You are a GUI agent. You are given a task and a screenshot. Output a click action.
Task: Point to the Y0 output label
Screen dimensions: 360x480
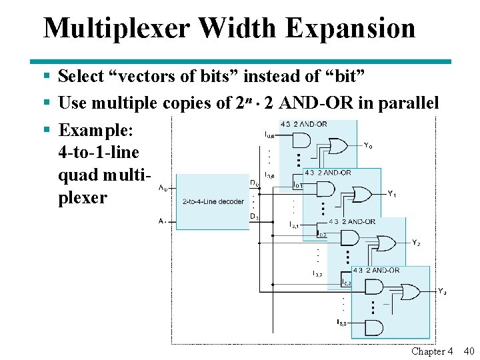coord(368,145)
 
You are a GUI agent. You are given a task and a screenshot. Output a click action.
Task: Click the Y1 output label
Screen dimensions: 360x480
coord(392,194)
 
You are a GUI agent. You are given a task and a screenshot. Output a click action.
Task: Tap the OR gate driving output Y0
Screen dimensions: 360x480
coord(339,146)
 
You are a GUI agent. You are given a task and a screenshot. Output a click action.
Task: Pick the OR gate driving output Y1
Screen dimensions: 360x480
coord(363,194)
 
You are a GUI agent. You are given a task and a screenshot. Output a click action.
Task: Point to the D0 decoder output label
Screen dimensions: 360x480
coord(255,183)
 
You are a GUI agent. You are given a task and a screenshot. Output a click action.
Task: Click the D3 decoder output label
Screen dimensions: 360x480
coord(254,217)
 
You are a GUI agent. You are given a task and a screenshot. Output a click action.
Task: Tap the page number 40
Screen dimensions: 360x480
coord(468,351)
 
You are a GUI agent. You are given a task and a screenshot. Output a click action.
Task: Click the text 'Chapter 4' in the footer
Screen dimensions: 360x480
coord(432,351)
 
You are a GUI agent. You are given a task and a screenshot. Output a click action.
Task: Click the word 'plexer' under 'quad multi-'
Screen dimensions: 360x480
coord(83,198)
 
